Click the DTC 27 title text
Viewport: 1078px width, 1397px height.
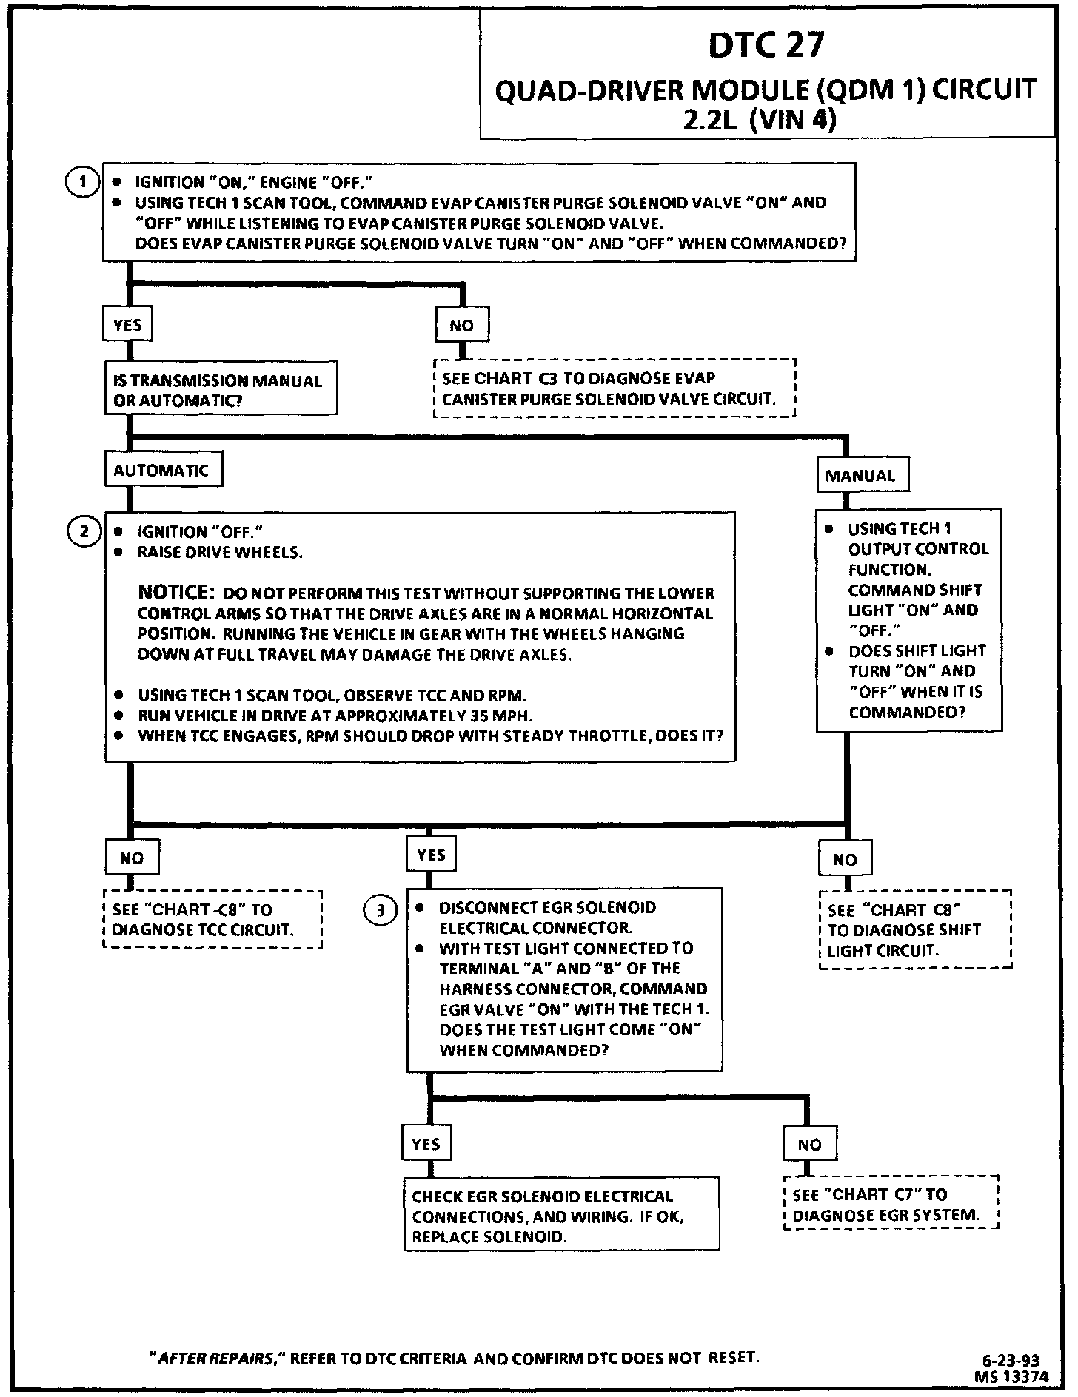point(766,46)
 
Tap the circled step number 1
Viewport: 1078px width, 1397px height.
point(83,182)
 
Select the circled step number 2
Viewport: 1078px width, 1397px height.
point(84,531)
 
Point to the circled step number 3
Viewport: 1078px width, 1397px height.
point(381,910)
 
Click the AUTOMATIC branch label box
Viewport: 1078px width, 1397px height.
point(163,470)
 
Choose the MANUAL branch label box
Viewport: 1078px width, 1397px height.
point(862,475)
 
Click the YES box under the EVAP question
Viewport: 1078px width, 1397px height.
point(127,325)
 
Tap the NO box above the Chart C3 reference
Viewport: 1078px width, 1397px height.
point(462,326)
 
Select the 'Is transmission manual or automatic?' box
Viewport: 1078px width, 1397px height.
point(220,390)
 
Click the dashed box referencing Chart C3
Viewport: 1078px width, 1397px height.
point(614,388)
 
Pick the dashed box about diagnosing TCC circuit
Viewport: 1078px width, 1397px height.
point(212,920)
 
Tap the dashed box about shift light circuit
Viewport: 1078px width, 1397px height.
point(914,930)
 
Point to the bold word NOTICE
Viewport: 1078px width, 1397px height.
point(175,592)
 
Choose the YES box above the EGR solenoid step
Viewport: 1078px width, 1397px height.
point(431,855)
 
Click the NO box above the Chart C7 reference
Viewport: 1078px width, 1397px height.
point(810,1144)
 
